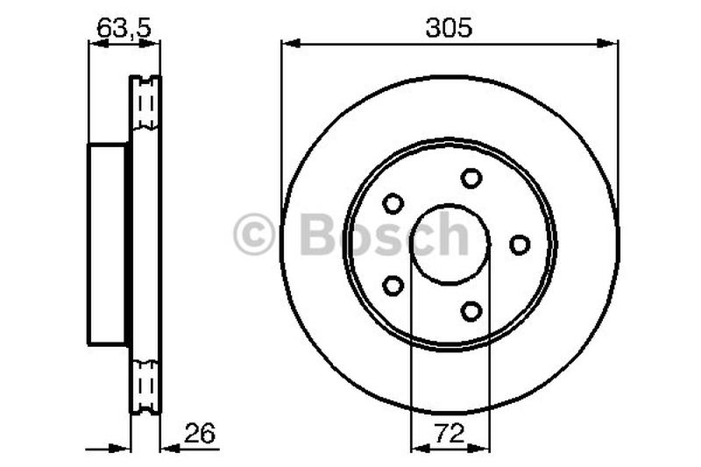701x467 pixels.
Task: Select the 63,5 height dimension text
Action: [x=124, y=27]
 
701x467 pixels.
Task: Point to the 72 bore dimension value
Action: [x=450, y=433]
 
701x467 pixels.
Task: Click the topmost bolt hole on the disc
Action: [x=471, y=178]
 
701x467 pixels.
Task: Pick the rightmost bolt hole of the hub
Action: [x=520, y=244]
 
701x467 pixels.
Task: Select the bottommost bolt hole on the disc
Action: [x=471, y=311]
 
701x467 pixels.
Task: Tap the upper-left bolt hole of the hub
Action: [x=393, y=203]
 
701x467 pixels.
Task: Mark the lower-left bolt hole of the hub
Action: [x=393, y=286]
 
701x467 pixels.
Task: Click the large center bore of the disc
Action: [x=449, y=244]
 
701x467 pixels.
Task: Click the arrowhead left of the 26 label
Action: [x=169, y=449]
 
